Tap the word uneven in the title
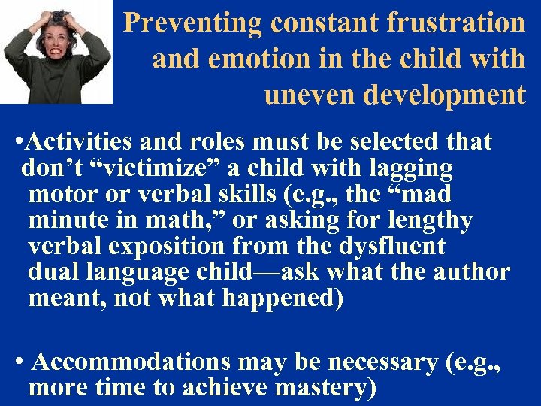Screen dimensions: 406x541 click(x=309, y=95)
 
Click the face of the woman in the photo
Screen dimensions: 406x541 click(x=56, y=29)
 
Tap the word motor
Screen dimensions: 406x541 click(x=61, y=195)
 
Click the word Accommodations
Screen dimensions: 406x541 click(x=131, y=362)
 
